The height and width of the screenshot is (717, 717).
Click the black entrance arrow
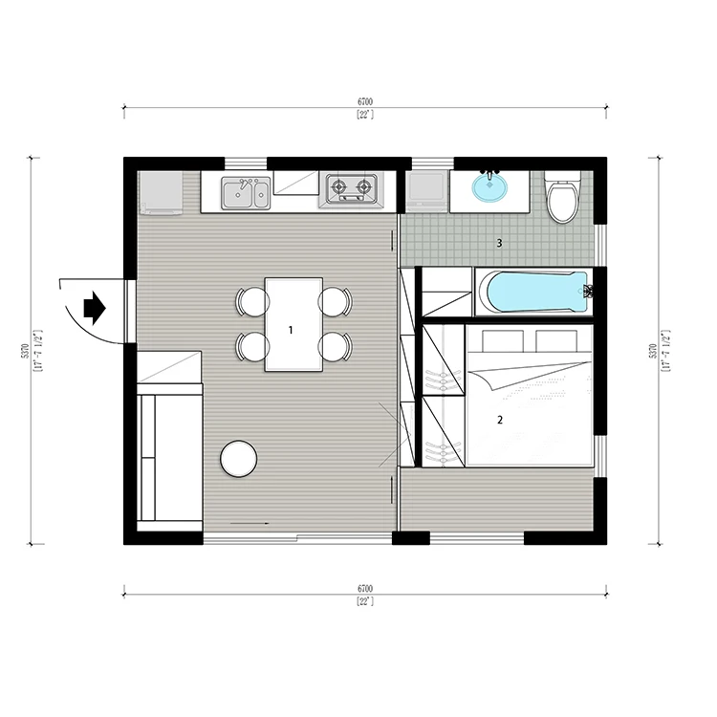[x=95, y=308]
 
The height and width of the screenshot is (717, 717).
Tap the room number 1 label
[x=291, y=330]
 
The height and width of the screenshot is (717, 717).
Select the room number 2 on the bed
[x=500, y=420]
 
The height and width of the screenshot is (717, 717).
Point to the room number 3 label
[x=499, y=243]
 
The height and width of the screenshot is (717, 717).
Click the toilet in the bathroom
[x=562, y=198]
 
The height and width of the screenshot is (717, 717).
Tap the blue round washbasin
[x=489, y=186]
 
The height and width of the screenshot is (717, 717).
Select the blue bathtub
[x=537, y=292]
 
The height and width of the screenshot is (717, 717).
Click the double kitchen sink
[x=246, y=193]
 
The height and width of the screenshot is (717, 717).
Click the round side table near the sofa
[x=239, y=459]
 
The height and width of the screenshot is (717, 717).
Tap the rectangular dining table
[x=294, y=324]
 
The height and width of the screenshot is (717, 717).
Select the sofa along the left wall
[x=169, y=457]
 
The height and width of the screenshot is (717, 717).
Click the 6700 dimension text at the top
[x=365, y=102]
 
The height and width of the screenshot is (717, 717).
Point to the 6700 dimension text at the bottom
[x=365, y=589]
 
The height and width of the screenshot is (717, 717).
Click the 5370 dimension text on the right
[x=653, y=351]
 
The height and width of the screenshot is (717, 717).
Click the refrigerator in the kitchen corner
[x=160, y=192]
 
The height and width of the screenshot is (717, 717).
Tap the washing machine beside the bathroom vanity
[x=426, y=191]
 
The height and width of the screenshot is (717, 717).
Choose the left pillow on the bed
[x=503, y=339]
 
